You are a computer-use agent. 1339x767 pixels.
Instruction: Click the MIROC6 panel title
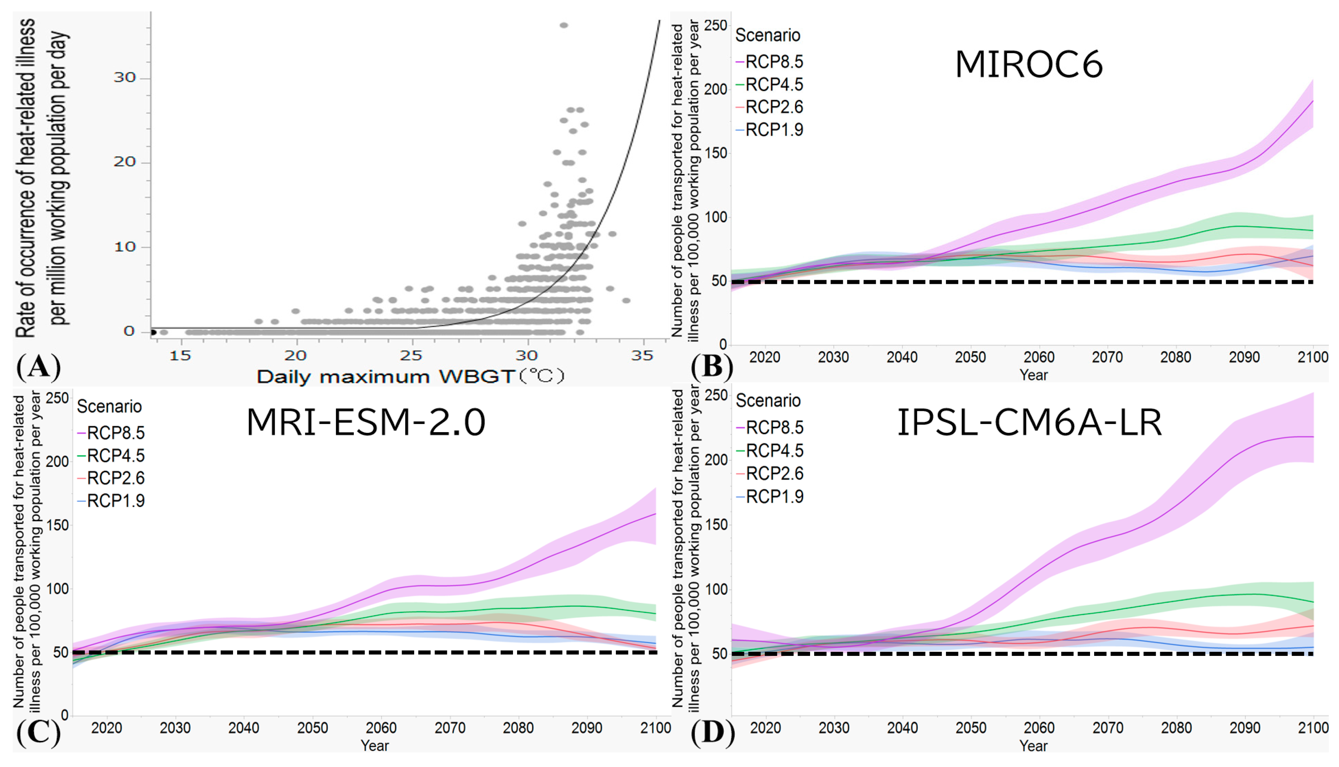(x=1028, y=65)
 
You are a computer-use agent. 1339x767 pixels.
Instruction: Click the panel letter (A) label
(x=38, y=367)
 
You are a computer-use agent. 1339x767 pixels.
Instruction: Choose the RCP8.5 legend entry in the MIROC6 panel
(x=770, y=62)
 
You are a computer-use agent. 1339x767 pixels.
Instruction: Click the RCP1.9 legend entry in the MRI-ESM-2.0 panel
(x=111, y=500)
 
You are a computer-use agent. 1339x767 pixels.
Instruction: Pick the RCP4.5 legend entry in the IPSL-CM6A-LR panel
(x=770, y=450)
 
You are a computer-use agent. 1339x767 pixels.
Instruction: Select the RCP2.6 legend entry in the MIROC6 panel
(x=770, y=107)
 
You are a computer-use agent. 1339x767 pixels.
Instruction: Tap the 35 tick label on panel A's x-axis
(x=642, y=356)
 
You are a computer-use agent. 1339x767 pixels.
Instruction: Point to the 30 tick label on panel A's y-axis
(x=125, y=78)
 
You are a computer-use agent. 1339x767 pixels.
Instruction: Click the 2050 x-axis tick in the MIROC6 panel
(x=970, y=357)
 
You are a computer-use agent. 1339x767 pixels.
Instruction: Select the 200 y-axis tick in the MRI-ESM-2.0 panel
(x=58, y=462)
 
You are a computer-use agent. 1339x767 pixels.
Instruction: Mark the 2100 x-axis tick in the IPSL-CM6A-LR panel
(x=1313, y=728)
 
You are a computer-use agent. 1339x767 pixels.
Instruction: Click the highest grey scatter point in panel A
(x=564, y=25)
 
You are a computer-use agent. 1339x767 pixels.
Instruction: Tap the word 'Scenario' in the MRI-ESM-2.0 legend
(x=109, y=407)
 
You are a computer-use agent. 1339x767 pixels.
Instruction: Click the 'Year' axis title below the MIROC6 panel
(x=1034, y=375)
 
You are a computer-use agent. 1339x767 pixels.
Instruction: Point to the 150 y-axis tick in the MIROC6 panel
(x=716, y=153)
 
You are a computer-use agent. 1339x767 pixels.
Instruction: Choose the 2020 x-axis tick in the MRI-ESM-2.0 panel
(x=107, y=728)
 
